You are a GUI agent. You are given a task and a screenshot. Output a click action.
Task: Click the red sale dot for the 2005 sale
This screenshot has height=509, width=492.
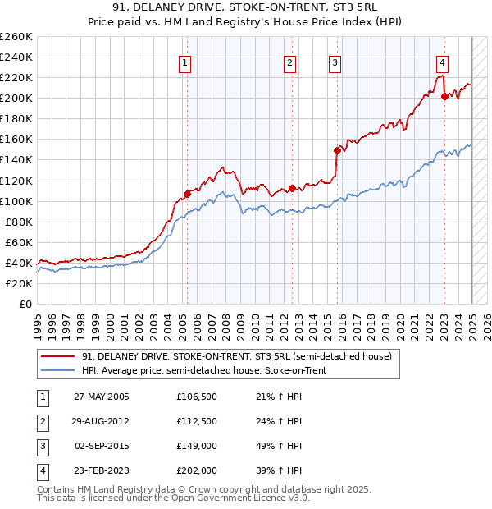pos(187,195)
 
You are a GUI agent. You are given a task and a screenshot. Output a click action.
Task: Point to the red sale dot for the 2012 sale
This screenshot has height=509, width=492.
pos(292,188)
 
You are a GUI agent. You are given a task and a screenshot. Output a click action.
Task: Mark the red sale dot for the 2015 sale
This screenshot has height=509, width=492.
pos(337,150)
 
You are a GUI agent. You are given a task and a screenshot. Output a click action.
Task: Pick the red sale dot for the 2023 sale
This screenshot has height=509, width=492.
pos(444,96)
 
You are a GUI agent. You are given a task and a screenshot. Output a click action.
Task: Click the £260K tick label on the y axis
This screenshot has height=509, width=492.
pos(16,37)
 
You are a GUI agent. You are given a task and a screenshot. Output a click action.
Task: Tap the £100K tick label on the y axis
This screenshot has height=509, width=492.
pos(16,201)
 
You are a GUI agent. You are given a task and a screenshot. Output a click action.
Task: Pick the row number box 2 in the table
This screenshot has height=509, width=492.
pos(41,421)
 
